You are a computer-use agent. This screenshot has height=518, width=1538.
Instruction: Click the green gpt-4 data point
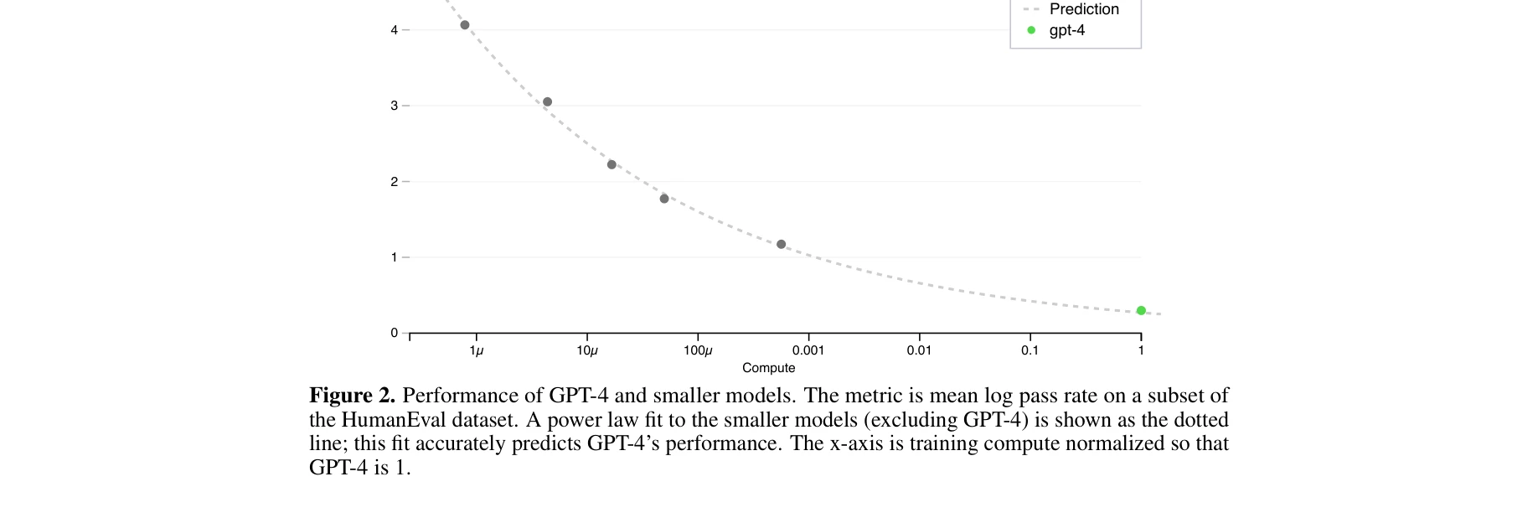pyautogui.click(x=1141, y=311)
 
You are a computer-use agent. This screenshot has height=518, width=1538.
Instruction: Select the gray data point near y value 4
pyautogui.click(x=465, y=25)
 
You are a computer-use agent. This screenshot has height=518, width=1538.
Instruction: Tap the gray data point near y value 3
pyautogui.click(x=548, y=102)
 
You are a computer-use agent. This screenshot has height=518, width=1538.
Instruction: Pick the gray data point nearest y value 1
pyautogui.click(x=782, y=245)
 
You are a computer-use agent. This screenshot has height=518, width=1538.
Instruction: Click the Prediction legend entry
pyautogui.click(x=1083, y=9)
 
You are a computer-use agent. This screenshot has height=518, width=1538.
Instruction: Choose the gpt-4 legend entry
pyautogui.click(x=1066, y=30)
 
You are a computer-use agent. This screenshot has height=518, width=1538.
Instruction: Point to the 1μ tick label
pyautogui.click(x=476, y=350)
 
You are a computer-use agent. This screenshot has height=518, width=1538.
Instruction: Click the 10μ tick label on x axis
pyautogui.click(x=587, y=350)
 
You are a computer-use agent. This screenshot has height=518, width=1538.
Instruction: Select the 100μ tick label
pyautogui.click(x=698, y=350)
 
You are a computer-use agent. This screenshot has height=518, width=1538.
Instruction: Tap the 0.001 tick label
pyautogui.click(x=808, y=350)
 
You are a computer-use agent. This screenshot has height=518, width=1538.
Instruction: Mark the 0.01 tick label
pyautogui.click(x=919, y=350)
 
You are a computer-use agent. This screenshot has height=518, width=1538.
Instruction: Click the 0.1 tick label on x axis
pyautogui.click(x=1030, y=350)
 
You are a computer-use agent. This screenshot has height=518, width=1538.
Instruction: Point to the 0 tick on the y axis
pyautogui.click(x=395, y=333)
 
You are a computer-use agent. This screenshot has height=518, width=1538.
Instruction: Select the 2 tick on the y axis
pyautogui.click(x=395, y=182)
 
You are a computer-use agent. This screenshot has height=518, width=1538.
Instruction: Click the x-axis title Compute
pyautogui.click(x=768, y=368)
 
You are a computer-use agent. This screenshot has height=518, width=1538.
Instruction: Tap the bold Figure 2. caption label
pyautogui.click(x=352, y=396)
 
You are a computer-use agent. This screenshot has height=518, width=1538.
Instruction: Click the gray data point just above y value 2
pyautogui.click(x=612, y=165)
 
